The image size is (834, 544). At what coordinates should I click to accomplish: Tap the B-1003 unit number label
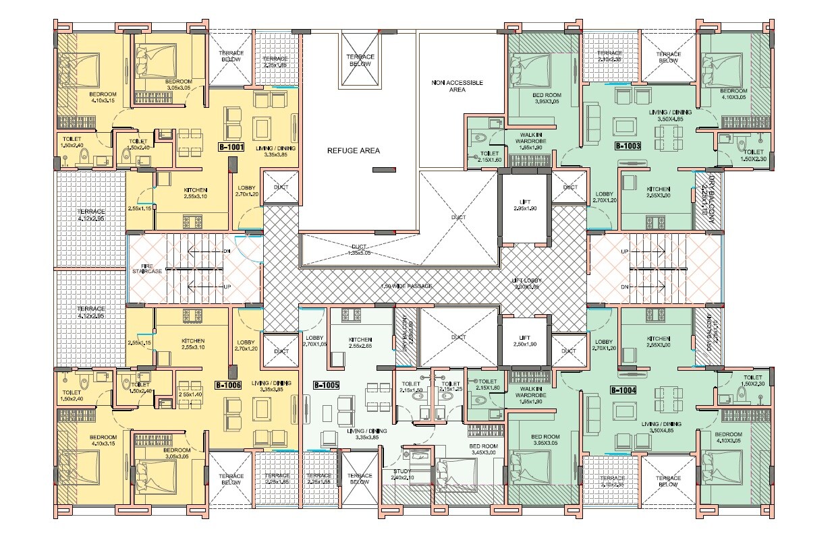pyautogui.click(x=627, y=146)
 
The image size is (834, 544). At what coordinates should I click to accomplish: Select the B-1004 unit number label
pyautogui.click(x=623, y=390)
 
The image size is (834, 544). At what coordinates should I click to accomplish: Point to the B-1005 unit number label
pyautogui.click(x=326, y=386)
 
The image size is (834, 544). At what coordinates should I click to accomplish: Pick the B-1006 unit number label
pyautogui.click(x=228, y=386)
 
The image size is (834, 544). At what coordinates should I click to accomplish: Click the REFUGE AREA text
pyautogui.click(x=353, y=150)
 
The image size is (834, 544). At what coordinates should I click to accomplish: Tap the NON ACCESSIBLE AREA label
pyautogui.click(x=457, y=86)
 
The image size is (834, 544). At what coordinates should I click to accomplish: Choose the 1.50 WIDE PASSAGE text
pyautogui.click(x=406, y=286)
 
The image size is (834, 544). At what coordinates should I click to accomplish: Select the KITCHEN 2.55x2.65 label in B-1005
pyautogui.click(x=360, y=342)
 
